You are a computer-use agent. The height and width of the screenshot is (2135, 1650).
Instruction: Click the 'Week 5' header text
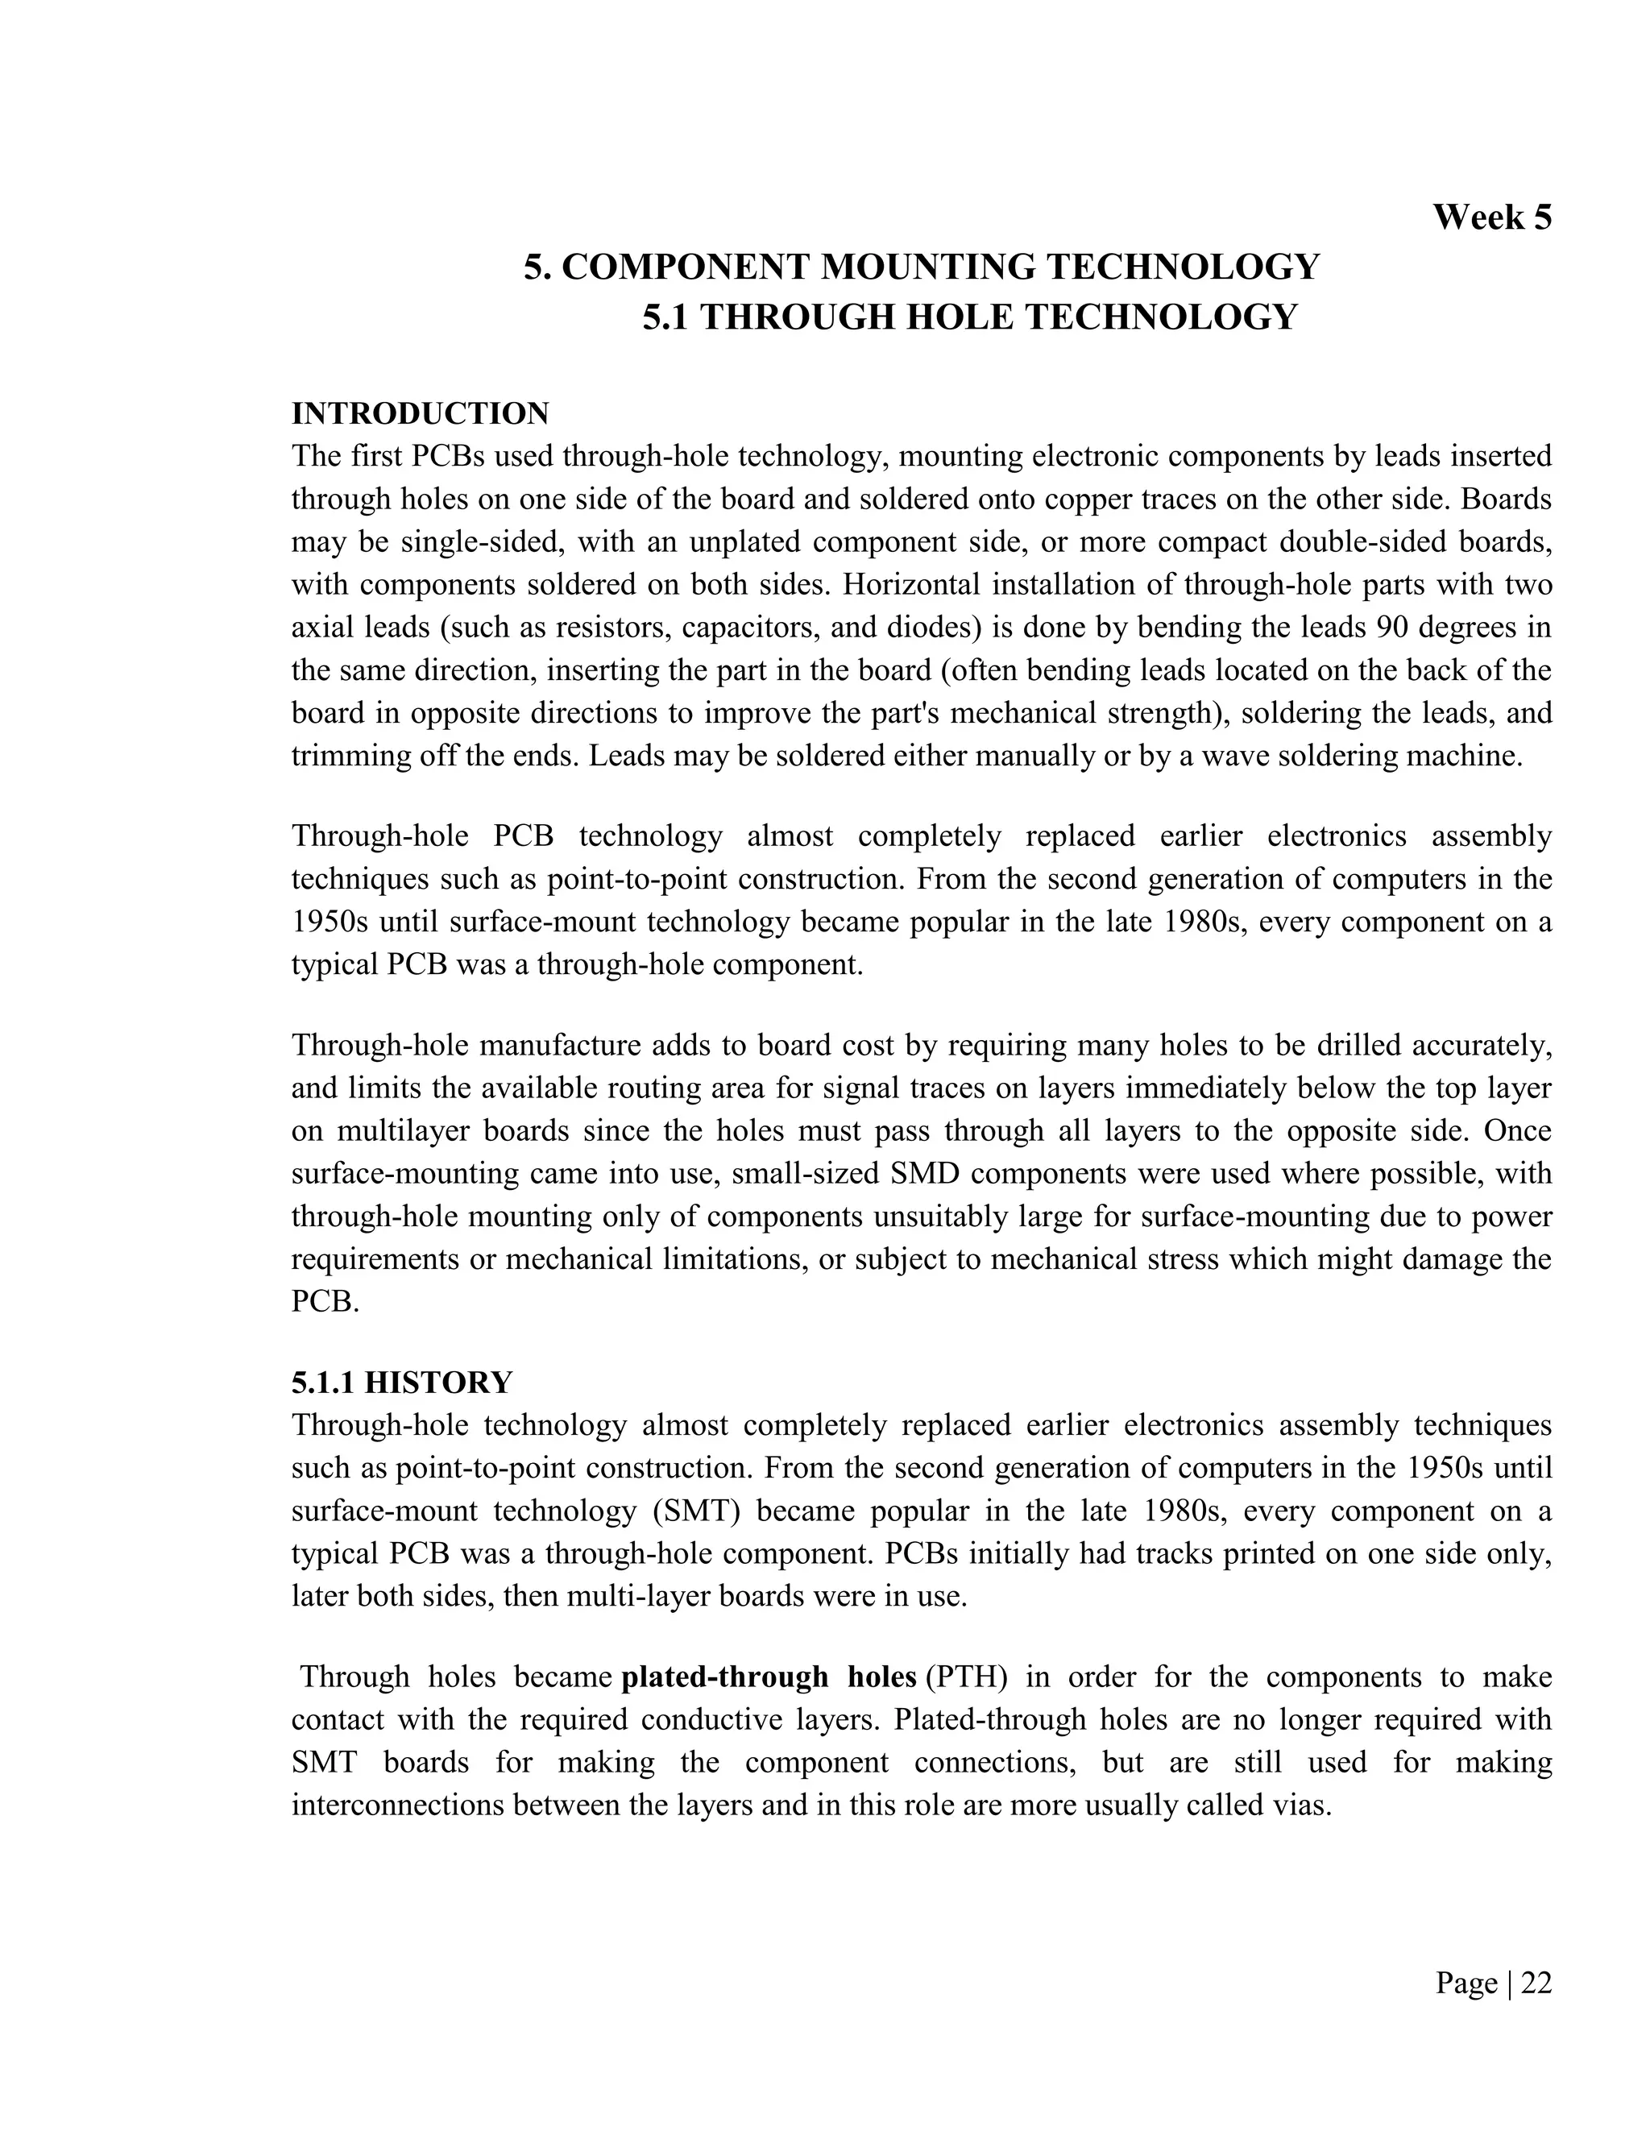(x=1491, y=217)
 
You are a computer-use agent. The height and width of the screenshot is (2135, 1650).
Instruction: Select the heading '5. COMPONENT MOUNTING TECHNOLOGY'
(x=921, y=267)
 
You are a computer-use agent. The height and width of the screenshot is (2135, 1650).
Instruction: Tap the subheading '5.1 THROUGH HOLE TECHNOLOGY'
(x=970, y=317)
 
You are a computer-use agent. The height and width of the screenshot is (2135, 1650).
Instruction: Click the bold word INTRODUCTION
(x=421, y=413)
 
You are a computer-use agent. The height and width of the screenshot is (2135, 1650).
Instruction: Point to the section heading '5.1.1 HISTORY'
(x=402, y=1383)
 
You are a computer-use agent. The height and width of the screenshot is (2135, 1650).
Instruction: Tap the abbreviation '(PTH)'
(x=967, y=1677)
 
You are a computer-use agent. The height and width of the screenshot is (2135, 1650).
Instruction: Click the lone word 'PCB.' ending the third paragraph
(x=325, y=1302)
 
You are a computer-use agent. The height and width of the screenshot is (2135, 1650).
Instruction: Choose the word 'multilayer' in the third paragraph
(x=426, y=1131)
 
